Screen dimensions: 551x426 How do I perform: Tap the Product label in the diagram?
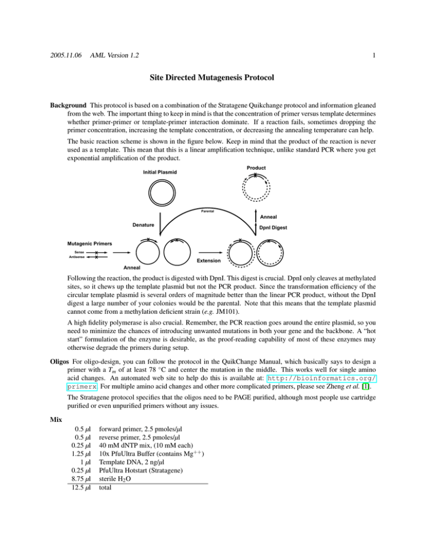tap(257, 167)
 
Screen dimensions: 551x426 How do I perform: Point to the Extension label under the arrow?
tap(206, 260)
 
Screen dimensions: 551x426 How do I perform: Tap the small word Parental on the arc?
tap(208, 211)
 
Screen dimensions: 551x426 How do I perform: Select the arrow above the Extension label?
tap(205, 254)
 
